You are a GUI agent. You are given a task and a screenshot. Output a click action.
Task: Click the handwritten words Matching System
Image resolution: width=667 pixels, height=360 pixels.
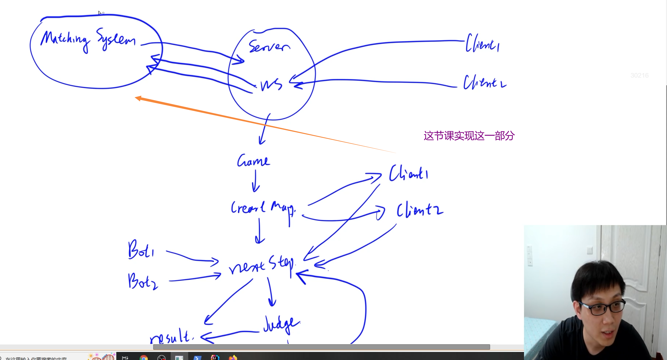click(88, 40)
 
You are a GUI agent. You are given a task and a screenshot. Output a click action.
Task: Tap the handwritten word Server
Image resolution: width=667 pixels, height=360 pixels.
click(269, 46)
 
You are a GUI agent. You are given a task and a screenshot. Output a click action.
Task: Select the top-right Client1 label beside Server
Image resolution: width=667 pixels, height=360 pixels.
click(483, 43)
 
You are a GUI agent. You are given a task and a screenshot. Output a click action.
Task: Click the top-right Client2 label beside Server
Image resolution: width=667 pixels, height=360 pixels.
click(484, 82)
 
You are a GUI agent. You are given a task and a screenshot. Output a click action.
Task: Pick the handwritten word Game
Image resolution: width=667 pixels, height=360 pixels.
click(253, 160)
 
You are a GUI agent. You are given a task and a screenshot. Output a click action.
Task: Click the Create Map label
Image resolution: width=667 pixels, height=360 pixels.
click(263, 208)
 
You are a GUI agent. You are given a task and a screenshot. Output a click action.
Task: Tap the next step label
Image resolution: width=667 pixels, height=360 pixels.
click(261, 264)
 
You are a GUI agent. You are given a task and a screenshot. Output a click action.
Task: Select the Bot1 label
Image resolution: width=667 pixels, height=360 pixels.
click(141, 249)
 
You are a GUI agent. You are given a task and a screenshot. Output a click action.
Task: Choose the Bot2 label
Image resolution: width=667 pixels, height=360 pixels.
click(143, 281)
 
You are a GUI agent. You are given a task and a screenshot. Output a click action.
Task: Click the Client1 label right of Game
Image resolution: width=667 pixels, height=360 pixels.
click(409, 173)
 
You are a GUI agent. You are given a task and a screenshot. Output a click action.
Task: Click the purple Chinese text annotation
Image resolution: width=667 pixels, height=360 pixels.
click(469, 136)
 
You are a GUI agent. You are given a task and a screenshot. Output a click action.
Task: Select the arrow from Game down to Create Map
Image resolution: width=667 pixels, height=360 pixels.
click(255, 180)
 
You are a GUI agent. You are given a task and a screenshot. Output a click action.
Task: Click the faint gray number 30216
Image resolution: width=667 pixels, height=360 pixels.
click(639, 75)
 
